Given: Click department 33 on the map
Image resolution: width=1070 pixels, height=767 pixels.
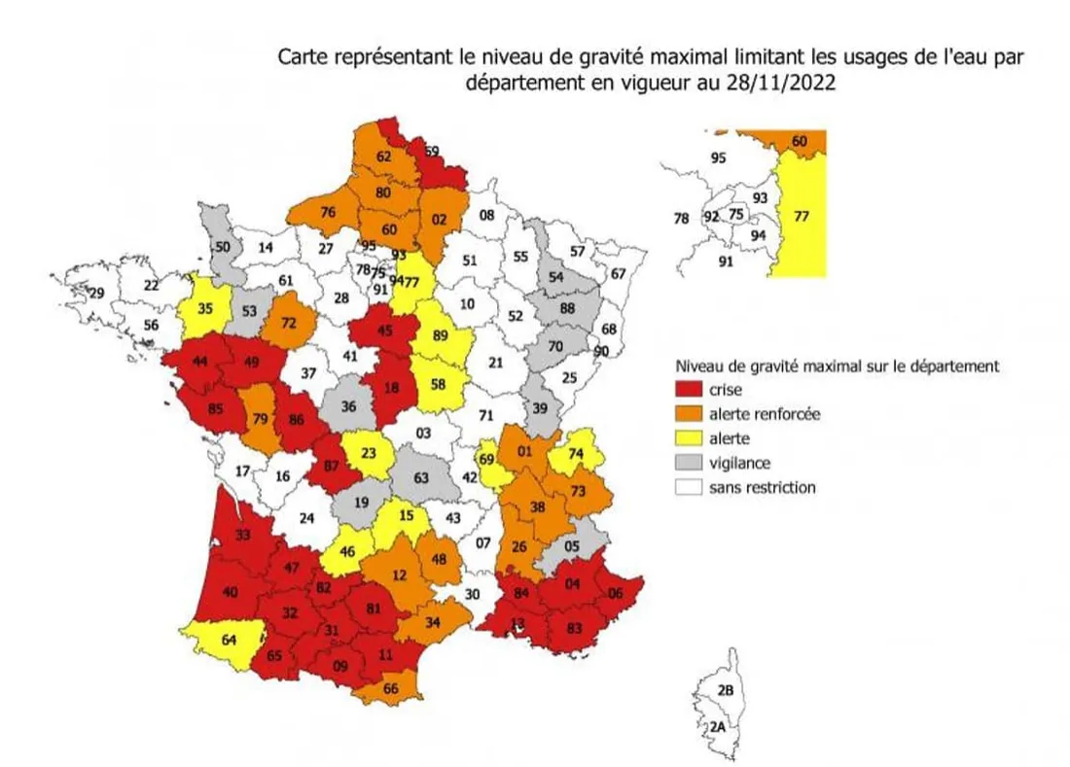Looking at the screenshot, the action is (242, 533).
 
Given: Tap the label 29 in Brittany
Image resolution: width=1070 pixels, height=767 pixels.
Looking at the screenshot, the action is (96, 293).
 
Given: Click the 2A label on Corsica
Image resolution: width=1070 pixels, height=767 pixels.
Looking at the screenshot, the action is (717, 726).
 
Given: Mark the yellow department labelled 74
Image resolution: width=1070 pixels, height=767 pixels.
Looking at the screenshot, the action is (575, 453).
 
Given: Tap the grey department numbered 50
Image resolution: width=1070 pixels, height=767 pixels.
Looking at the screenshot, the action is (223, 247).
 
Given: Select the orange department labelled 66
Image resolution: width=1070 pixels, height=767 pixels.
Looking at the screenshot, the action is (392, 689).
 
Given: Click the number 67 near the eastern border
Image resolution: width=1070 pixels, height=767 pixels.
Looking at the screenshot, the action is (618, 273).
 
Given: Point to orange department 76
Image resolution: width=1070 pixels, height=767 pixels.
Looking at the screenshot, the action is (330, 213).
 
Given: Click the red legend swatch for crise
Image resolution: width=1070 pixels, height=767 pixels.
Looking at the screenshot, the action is (691, 390).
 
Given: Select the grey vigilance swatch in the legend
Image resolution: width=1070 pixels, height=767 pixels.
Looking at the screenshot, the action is (691, 463).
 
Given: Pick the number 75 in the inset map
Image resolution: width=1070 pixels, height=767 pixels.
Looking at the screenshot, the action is (736, 214).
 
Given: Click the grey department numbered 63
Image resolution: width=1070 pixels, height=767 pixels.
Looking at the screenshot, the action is (421, 477).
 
